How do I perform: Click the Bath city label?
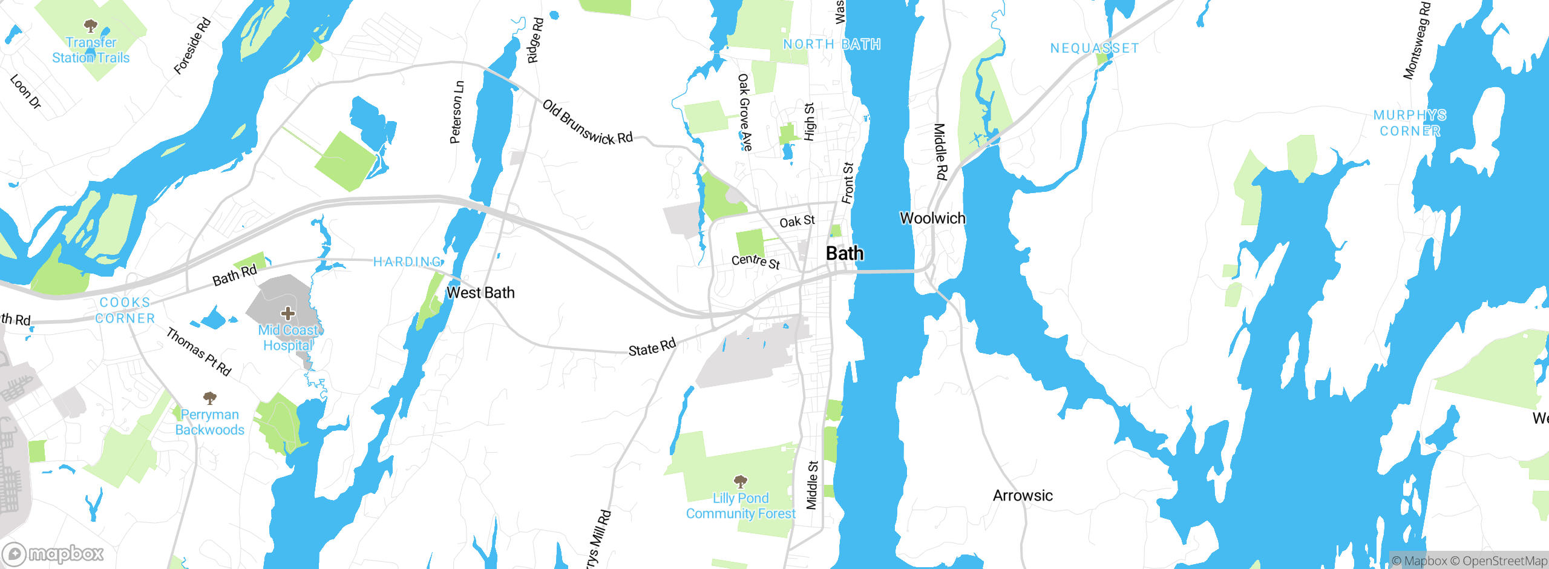pyautogui.click(x=845, y=254)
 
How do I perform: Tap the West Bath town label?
pyautogui.click(x=480, y=293)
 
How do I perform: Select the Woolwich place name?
pyautogui.click(x=932, y=219)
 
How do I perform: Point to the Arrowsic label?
pyautogui.click(x=1023, y=496)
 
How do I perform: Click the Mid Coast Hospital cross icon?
pyautogui.click(x=288, y=314)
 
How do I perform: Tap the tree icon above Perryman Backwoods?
pyautogui.click(x=210, y=398)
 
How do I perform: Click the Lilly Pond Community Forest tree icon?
pyautogui.click(x=740, y=482)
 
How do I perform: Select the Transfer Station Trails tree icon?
pyautogui.click(x=91, y=26)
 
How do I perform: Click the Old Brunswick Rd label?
pyautogui.click(x=587, y=123)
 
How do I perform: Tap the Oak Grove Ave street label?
pyautogui.click(x=745, y=112)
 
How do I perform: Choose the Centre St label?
pyautogui.click(x=756, y=261)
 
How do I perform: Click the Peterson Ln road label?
pyautogui.click(x=457, y=113)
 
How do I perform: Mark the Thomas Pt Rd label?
pyautogui.click(x=198, y=352)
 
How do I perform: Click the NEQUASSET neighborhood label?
pyautogui.click(x=1094, y=48)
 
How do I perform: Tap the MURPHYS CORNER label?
pyautogui.click(x=1410, y=123)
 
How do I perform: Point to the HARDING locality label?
pyautogui.click(x=408, y=261)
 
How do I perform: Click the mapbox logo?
pyautogui.click(x=53, y=554)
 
